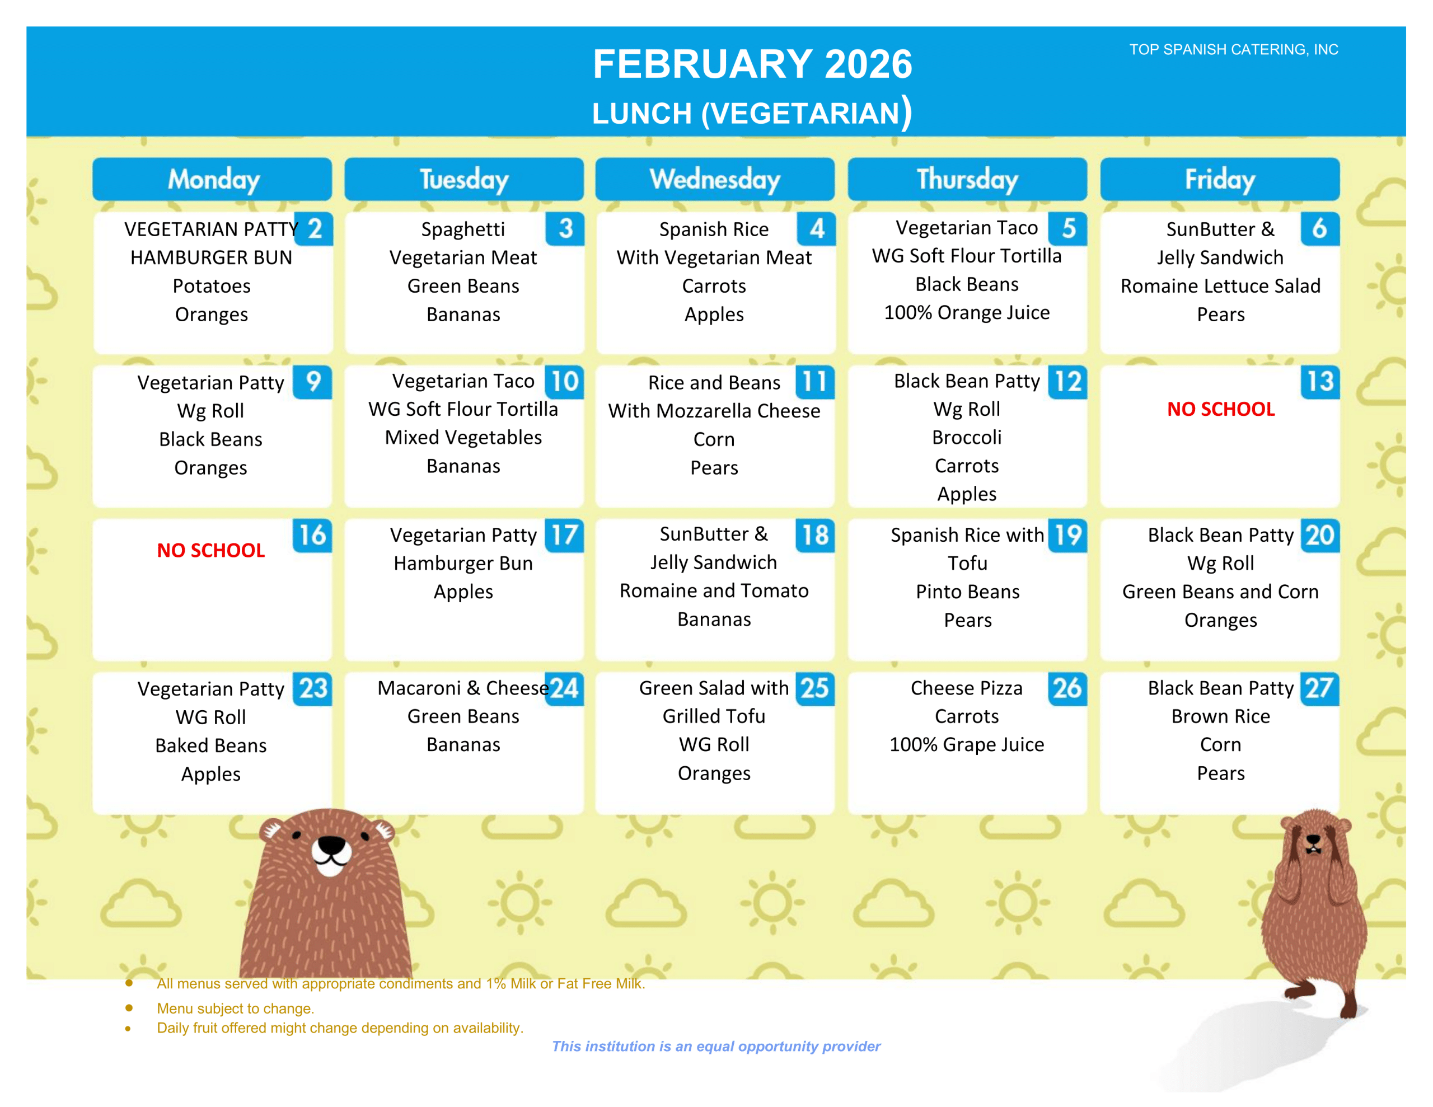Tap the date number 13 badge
click(1319, 381)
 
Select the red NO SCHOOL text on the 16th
click(210, 550)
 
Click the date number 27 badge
click(1318, 688)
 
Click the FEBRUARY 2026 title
click(752, 64)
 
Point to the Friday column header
click(1219, 179)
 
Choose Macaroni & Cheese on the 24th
click(462, 688)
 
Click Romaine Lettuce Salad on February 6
click(1220, 286)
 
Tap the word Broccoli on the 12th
click(967, 437)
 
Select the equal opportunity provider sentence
click(716, 1046)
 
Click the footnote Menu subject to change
click(235, 1008)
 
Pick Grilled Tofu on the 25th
click(714, 716)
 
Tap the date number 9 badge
click(313, 381)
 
